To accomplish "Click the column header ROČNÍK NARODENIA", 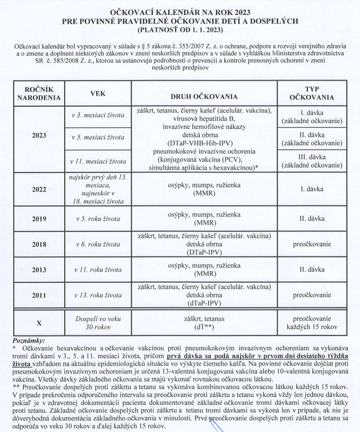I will click(x=39, y=93).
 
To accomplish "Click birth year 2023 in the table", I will click(x=39, y=135).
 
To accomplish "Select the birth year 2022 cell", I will click(x=39, y=189).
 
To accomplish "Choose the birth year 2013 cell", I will click(x=39, y=270).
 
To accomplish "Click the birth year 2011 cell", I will click(x=39, y=295).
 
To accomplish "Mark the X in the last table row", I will click(x=39, y=322).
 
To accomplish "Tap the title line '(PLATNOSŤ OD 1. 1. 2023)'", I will click(x=181, y=29).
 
